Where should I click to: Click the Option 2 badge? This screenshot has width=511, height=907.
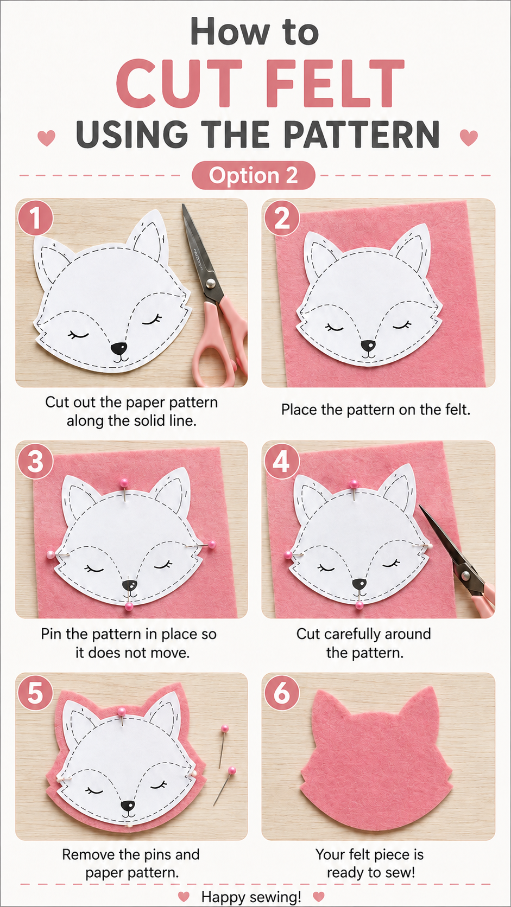pyautogui.click(x=253, y=175)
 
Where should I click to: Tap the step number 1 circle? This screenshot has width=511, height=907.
pyautogui.click(x=35, y=219)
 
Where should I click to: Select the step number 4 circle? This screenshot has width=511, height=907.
pyautogui.click(x=282, y=462)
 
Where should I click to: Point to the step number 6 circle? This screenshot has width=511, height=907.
pyautogui.click(x=282, y=693)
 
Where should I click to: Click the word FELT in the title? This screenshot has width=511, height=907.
pyautogui.click(x=336, y=83)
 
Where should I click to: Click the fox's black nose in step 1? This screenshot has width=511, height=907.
pyautogui.click(x=119, y=348)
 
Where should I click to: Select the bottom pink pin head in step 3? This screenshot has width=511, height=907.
pyautogui.click(x=129, y=606)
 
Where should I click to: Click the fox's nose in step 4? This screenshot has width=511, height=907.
pyautogui.click(x=358, y=584)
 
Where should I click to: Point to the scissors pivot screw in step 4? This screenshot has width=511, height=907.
pyautogui.click(x=465, y=574)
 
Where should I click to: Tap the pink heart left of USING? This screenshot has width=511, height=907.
pyautogui.click(x=46, y=138)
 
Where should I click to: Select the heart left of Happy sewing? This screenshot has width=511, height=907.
pyautogui.click(x=184, y=896)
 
